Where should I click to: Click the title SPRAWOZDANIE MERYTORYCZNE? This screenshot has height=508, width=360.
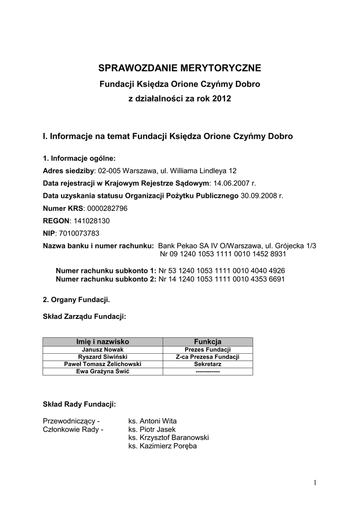click(x=180, y=68)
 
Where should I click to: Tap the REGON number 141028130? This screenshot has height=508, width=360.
click(x=92, y=220)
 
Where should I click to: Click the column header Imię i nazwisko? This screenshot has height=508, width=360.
click(x=102, y=341)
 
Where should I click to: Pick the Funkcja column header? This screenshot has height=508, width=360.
click(x=207, y=341)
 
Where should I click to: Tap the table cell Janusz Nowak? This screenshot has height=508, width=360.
click(x=102, y=349)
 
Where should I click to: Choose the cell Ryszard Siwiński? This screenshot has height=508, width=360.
click(x=102, y=357)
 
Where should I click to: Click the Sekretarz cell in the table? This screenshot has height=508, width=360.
click(x=207, y=364)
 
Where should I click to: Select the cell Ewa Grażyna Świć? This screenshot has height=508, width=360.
click(x=102, y=372)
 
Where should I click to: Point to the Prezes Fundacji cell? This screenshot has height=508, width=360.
click(x=207, y=349)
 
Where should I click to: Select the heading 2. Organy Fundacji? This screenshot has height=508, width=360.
click(x=76, y=300)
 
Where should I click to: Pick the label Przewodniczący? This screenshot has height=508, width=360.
click(x=72, y=421)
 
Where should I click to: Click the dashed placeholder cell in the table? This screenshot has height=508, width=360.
click(x=207, y=372)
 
